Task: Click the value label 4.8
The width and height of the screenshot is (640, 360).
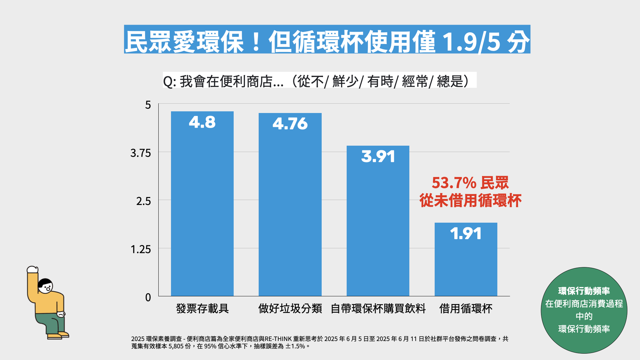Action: point(202,122)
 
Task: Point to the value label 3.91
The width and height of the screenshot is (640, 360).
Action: point(378,156)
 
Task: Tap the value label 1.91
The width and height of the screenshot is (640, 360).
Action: point(466,233)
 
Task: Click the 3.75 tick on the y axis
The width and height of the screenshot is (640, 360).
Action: point(140,153)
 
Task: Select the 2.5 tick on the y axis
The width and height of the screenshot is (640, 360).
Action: point(143,201)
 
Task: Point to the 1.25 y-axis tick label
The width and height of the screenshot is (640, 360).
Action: point(140,249)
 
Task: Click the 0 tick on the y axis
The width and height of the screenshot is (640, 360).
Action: point(148,297)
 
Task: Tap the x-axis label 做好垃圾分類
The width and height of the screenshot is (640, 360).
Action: point(290,308)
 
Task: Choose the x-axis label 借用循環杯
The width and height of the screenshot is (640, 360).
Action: point(466,308)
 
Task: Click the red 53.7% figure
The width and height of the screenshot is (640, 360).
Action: point(454,183)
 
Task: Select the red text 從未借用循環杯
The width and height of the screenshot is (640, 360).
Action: point(470,201)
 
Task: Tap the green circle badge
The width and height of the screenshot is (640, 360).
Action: point(584,310)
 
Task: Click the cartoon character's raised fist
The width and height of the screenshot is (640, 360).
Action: point(32,269)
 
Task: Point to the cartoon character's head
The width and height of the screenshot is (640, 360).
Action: point(45,285)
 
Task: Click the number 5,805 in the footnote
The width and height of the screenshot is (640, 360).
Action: point(176,346)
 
